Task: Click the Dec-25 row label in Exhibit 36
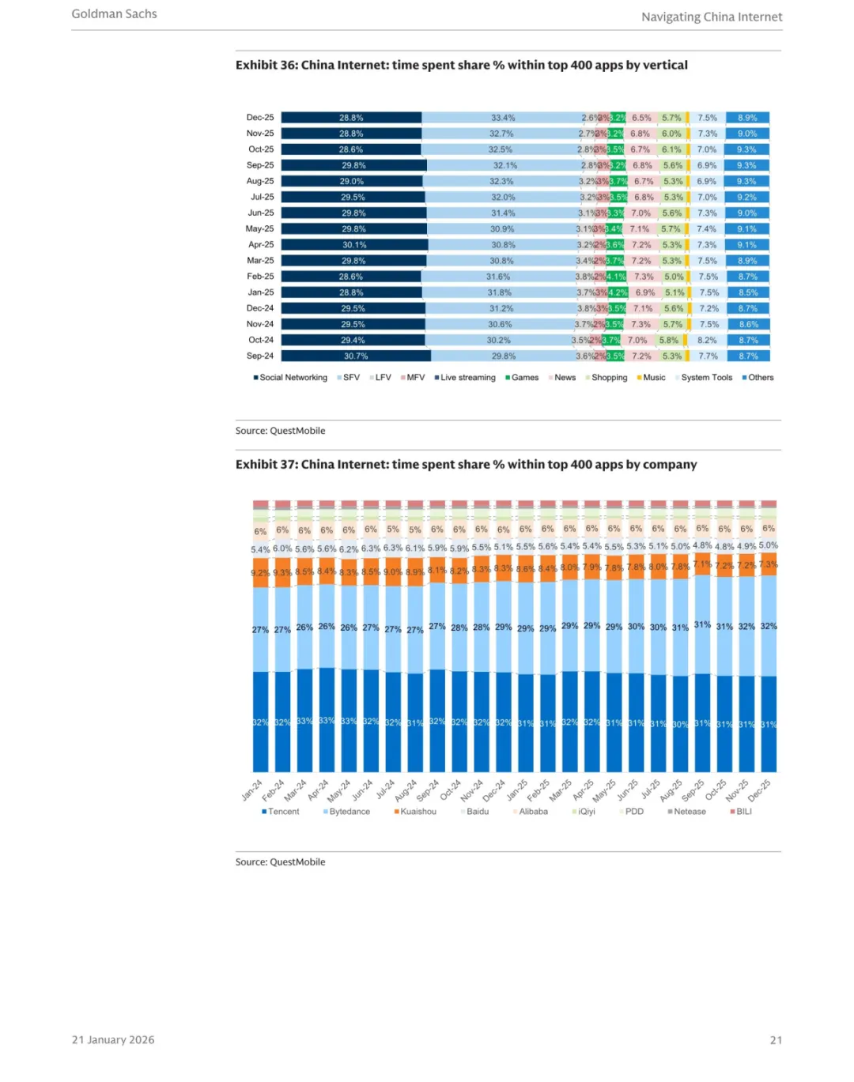click(x=260, y=118)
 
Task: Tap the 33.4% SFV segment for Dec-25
click(x=503, y=118)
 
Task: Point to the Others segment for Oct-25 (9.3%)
click(x=746, y=149)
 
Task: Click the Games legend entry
click(x=522, y=378)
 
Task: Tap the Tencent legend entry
click(x=281, y=812)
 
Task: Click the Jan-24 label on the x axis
click(x=252, y=790)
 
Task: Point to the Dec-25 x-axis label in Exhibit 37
click(x=759, y=790)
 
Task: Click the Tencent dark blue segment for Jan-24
click(x=260, y=722)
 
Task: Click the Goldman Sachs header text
click(x=115, y=13)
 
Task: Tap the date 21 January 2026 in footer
click(x=113, y=1040)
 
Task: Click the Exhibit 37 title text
click(x=466, y=465)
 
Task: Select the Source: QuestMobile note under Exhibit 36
click(x=280, y=431)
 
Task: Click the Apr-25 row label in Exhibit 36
click(x=261, y=245)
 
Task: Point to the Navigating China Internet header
click(x=712, y=17)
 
